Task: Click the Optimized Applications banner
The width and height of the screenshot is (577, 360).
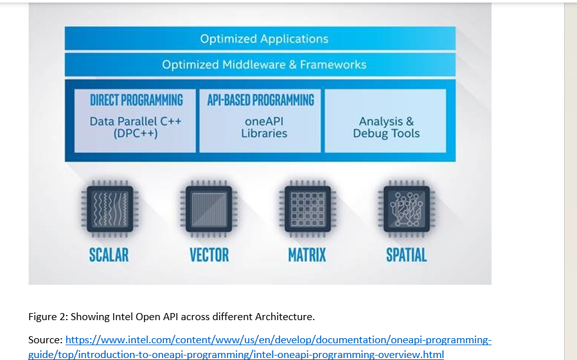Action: [x=263, y=39]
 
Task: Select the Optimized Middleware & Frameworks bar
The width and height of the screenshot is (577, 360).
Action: [x=263, y=64]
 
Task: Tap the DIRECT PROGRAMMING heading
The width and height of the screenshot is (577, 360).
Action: [x=136, y=100]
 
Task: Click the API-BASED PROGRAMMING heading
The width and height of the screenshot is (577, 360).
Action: [x=260, y=100]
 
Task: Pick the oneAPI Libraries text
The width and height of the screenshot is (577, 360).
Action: [x=264, y=127]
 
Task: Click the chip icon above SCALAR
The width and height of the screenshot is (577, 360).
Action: [x=109, y=209]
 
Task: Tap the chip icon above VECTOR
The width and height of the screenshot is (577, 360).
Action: [x=208, y=209]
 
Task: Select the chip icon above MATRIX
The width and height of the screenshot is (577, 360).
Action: [x=307, y=209]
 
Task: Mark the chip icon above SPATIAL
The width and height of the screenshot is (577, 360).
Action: [x=406, y=209]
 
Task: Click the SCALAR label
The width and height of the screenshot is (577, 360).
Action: [x=109, y=255]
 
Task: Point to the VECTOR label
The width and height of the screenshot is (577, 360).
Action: [x=209, y=255]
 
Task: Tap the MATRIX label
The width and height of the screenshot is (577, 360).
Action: [x=307, y=255]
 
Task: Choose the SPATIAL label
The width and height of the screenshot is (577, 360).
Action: [x=406, y=255]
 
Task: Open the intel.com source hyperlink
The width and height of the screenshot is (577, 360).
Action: [x=278, y=339]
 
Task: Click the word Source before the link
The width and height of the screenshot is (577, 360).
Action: [x=44, y=339]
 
